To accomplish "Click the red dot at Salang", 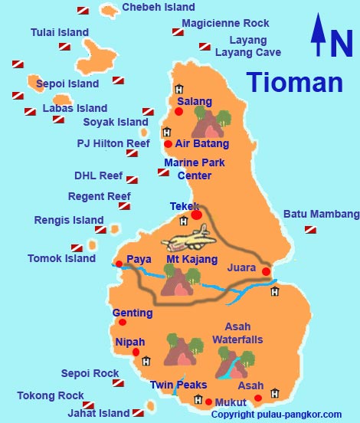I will coord(179,112).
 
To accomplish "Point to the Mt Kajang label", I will coord(191,260).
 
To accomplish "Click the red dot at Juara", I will coord(266,271).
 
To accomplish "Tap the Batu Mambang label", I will coord(321,214).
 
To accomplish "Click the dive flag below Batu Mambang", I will coord(310,229).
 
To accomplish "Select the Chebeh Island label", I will coord(159,8).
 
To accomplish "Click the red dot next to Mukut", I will coord(208,402).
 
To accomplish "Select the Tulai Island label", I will coord(60,33).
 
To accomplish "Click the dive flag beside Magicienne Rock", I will coord(178,32).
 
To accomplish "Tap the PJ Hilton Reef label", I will coord(113,143).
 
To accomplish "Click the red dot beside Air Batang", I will coord(168,143).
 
